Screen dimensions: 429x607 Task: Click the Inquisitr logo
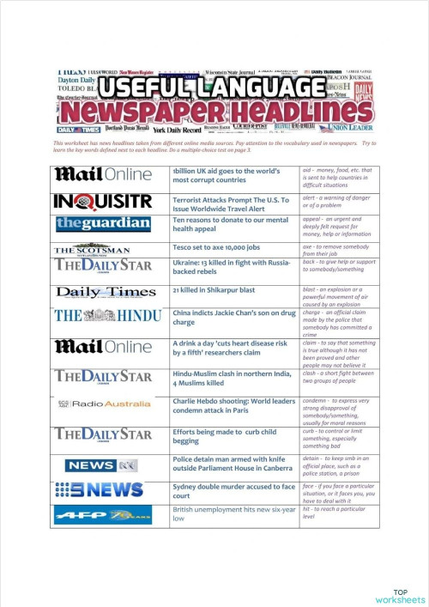103,202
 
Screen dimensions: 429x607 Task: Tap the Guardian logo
103,223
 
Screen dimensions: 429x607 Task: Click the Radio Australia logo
103,403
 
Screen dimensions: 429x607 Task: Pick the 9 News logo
103,489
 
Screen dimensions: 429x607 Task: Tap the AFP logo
103,514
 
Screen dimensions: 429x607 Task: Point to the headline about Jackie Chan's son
232,318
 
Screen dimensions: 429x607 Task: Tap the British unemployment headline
232,513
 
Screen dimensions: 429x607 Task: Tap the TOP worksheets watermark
400,596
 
